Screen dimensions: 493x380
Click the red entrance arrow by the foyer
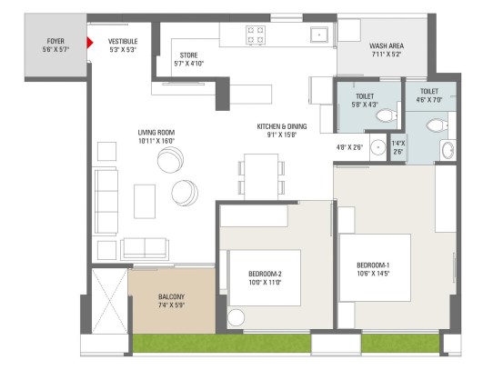[x=90, y=43]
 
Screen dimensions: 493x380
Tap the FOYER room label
[x=55, y=41]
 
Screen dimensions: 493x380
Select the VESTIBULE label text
[x=123, y=41]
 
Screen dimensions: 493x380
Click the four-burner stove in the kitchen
[x=255, y=35]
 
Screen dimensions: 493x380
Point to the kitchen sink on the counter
[x=319, y=35]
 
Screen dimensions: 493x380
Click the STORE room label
[x=188, y=55]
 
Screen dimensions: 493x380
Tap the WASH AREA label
[x=387, y=45]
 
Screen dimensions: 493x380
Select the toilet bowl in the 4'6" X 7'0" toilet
[x=437, y=125]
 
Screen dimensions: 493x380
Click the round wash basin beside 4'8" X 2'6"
[x=377, y=147]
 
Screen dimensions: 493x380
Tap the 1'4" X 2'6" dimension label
[x=398, y=147]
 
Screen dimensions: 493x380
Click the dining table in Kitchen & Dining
[x=261, y=176]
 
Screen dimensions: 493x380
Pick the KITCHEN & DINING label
[x=282, y=126]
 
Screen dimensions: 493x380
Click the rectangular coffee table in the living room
[x=145, y=201]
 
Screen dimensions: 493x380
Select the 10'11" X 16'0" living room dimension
[x=156, y=141]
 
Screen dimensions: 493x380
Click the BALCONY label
[x=171, y=296]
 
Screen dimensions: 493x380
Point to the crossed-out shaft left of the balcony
[x=109, y=301]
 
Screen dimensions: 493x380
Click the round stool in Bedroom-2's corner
[x=236, y=317]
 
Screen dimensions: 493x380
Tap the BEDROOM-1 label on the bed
[x=373, y=265]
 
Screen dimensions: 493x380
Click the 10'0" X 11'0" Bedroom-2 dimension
[x=265, y=282]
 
